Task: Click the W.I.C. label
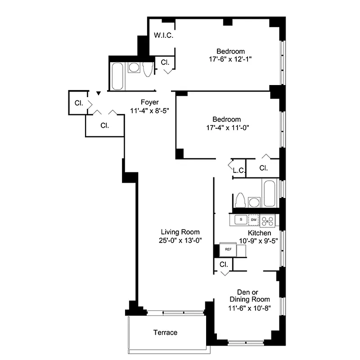click(163, 36)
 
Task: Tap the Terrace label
click(165, 333)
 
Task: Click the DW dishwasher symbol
click(254, 220)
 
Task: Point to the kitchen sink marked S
click(241, 220)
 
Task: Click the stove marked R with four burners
click(268, 220)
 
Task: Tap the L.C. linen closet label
click(238, 170)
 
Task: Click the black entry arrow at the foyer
click(98, 94)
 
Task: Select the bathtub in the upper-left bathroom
click(117, 76)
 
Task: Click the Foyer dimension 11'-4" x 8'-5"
click(149, 109)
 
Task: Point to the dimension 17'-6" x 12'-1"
click(231, 59)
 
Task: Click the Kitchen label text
click(260, 233)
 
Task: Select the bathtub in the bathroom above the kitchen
click(269, 193)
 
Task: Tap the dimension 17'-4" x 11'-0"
click(227, 127)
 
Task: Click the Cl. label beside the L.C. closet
click(264, 168)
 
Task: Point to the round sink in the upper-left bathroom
click(134, 68)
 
